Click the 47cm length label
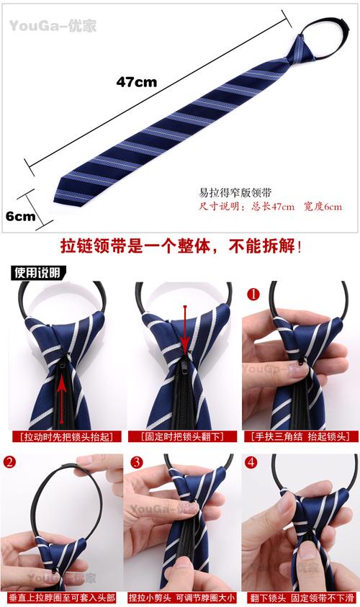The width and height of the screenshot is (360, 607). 136,81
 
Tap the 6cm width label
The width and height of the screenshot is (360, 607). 21,216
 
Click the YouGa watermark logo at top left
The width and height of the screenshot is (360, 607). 52,27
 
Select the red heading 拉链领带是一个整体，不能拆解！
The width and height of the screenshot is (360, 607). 180,246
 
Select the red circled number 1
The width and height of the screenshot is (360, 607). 253,294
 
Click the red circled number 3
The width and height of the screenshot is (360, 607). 137,462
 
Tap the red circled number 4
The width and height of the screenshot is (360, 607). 251,462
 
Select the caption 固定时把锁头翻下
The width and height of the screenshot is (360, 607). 179,436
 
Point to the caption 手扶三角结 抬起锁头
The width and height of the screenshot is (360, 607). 300,436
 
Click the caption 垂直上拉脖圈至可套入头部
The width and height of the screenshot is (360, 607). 61,598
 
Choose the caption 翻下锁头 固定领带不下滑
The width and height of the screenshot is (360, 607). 300,598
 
